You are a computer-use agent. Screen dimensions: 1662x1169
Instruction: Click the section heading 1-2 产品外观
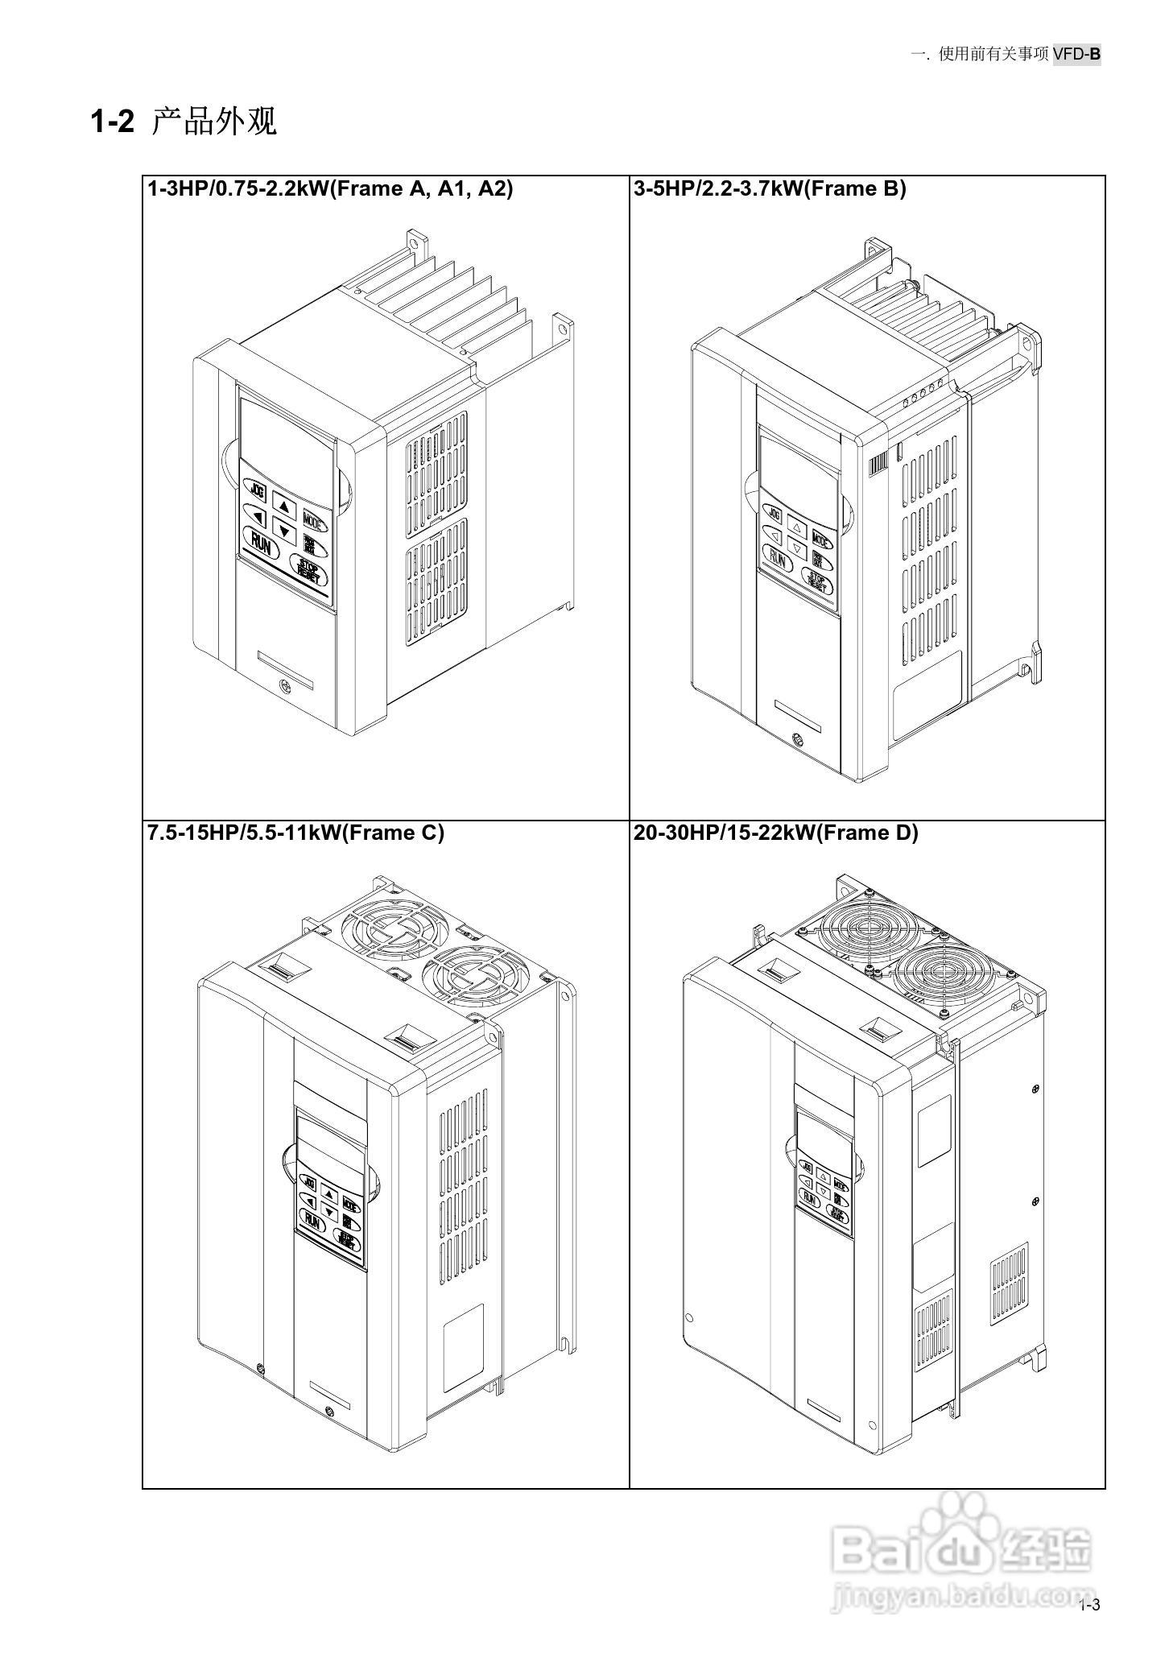tap(184, 122)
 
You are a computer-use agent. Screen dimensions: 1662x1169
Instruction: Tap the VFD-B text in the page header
tap(1076, 54)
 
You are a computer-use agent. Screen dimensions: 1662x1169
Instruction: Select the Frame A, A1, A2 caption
tap(330, 188)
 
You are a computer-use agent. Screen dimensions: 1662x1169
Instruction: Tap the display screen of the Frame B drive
tap(799, 469)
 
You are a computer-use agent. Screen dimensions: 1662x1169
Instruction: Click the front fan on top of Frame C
tap(473, 980)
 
